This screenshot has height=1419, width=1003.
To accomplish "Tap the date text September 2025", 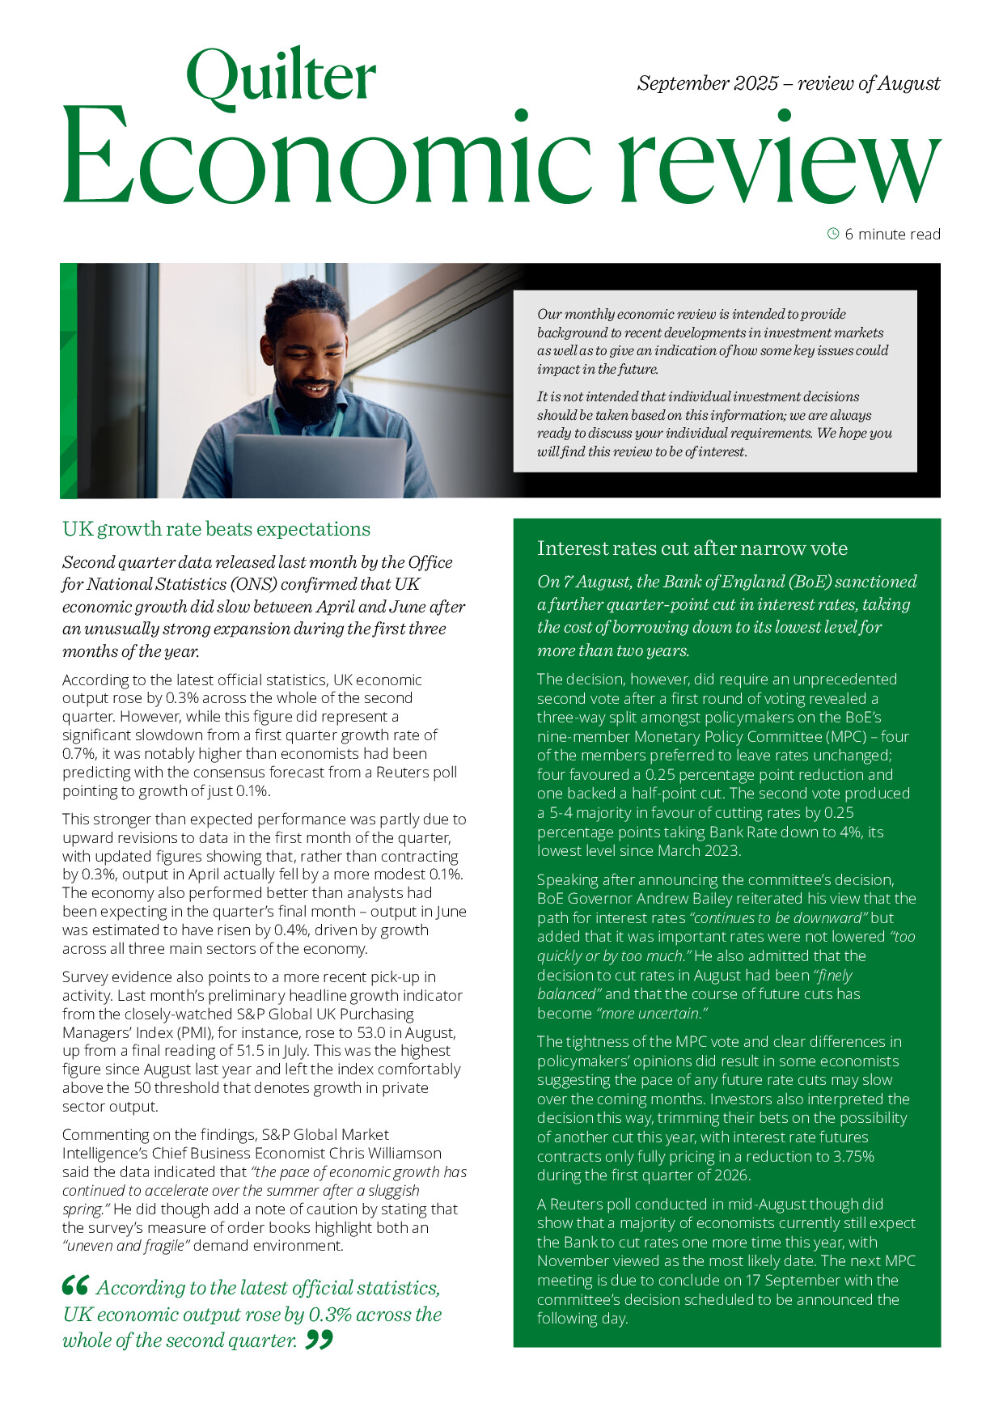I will pyautogui.click(x=708, y=83).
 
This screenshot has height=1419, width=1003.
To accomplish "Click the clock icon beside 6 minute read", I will pyautogui.click(x=833, y=234).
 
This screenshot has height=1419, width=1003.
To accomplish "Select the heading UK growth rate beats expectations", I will pyautogui.click(x=216, y=529).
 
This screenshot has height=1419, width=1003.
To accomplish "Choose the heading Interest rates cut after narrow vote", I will pyautogui.click(x=692, y=549).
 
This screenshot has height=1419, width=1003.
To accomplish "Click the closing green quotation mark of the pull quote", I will pyautogui.click(x=320, y=1341).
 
